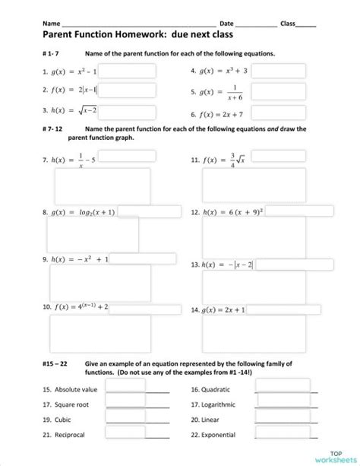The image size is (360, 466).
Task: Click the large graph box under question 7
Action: click(x=100, y=187)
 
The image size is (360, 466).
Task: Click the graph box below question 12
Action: click(x=254, y=236)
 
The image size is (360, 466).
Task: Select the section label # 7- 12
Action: click(x=53, y=128)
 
